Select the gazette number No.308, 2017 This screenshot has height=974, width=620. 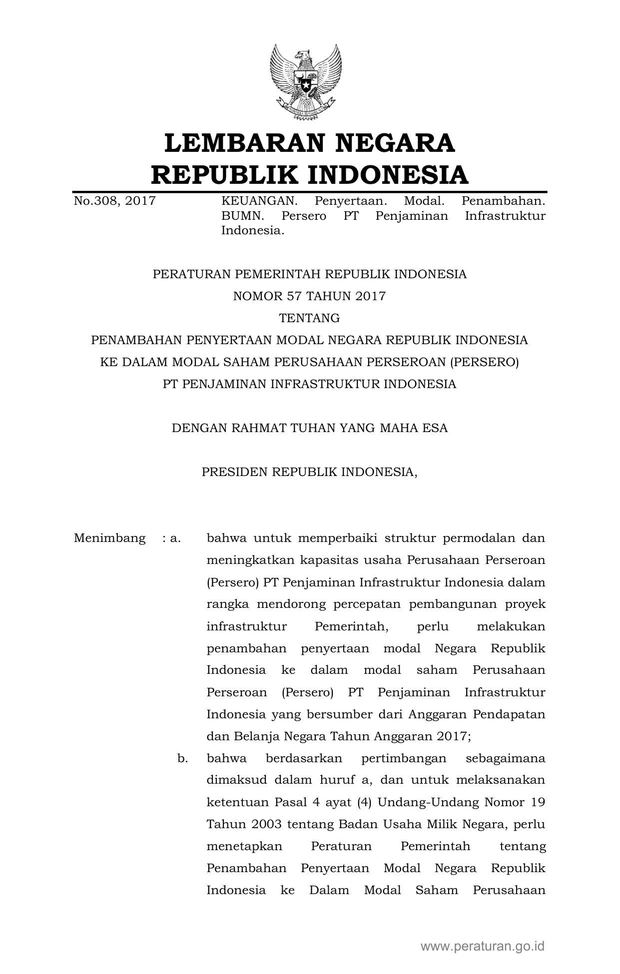pyautogui.click(x=114, y=201)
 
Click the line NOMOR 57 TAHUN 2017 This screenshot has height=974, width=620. pyautogui.click(x=309, y=296)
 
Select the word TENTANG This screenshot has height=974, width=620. pyautogui.click(x=309, y=318)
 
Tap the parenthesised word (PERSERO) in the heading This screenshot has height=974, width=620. pyautogui.click(x=484, y=362)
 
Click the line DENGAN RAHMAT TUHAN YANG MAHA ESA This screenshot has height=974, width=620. pyautogui.click(x=309, y=428)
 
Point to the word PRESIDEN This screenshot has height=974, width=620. pyautogui.click(x=234, y=472)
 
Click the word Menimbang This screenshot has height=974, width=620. pyautogui.click(x=110, y=538)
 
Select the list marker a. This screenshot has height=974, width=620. pyautogui.click(x=175, y=538)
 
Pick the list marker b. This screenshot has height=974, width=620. pyautogui.click(x=182, y=759)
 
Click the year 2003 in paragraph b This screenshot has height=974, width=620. pyautogui.click(x=266, y=825)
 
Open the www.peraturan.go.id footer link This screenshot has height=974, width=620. pyautogui.click(x=482, y=946)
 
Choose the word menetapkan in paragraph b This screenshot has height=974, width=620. pyautogui.click(x=244, y=847)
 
